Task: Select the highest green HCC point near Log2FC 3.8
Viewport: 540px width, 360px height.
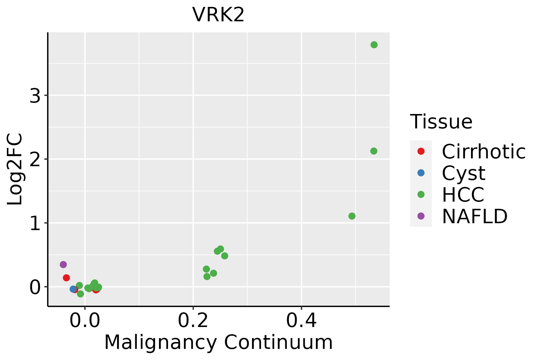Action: pos(374,45)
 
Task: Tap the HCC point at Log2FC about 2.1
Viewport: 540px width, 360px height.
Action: pos(373,151)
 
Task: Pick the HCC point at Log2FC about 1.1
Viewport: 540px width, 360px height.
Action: pos(352,216)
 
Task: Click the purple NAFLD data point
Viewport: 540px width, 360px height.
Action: pos(63,265)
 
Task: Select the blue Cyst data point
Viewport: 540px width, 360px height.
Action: pos(73,289)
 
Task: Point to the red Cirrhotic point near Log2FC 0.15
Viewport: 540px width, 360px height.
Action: pos(66,278)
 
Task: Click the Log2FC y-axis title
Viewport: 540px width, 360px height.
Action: pos(15,169)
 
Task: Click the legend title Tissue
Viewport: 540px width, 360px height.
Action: pos(441,122)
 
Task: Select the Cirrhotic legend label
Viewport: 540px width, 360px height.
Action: pos(483,151)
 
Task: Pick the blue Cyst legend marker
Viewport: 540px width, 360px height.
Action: pos(421,173)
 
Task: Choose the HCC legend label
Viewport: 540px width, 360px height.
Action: pos(463,195)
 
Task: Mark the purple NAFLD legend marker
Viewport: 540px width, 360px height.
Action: pos(421,216)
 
